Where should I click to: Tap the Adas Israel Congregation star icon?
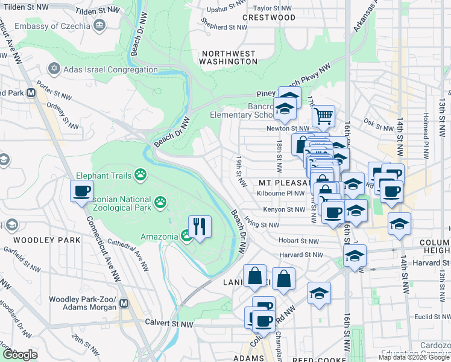pos(55,68)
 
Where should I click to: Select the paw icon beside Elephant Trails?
pos(140,175)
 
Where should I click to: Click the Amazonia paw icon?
pos(186,237)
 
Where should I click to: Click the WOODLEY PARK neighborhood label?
pos(55,240)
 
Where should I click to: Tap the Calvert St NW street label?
pos(169,323)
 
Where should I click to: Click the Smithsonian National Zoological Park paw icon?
pos(160,202)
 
